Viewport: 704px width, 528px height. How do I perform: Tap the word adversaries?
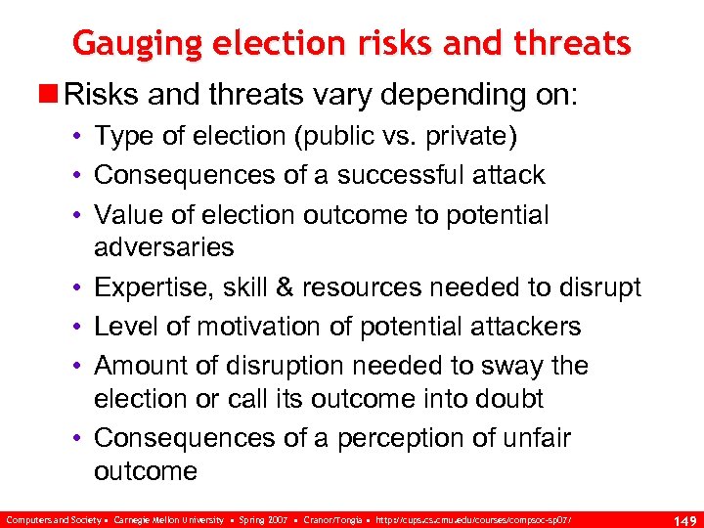coord(163,247)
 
